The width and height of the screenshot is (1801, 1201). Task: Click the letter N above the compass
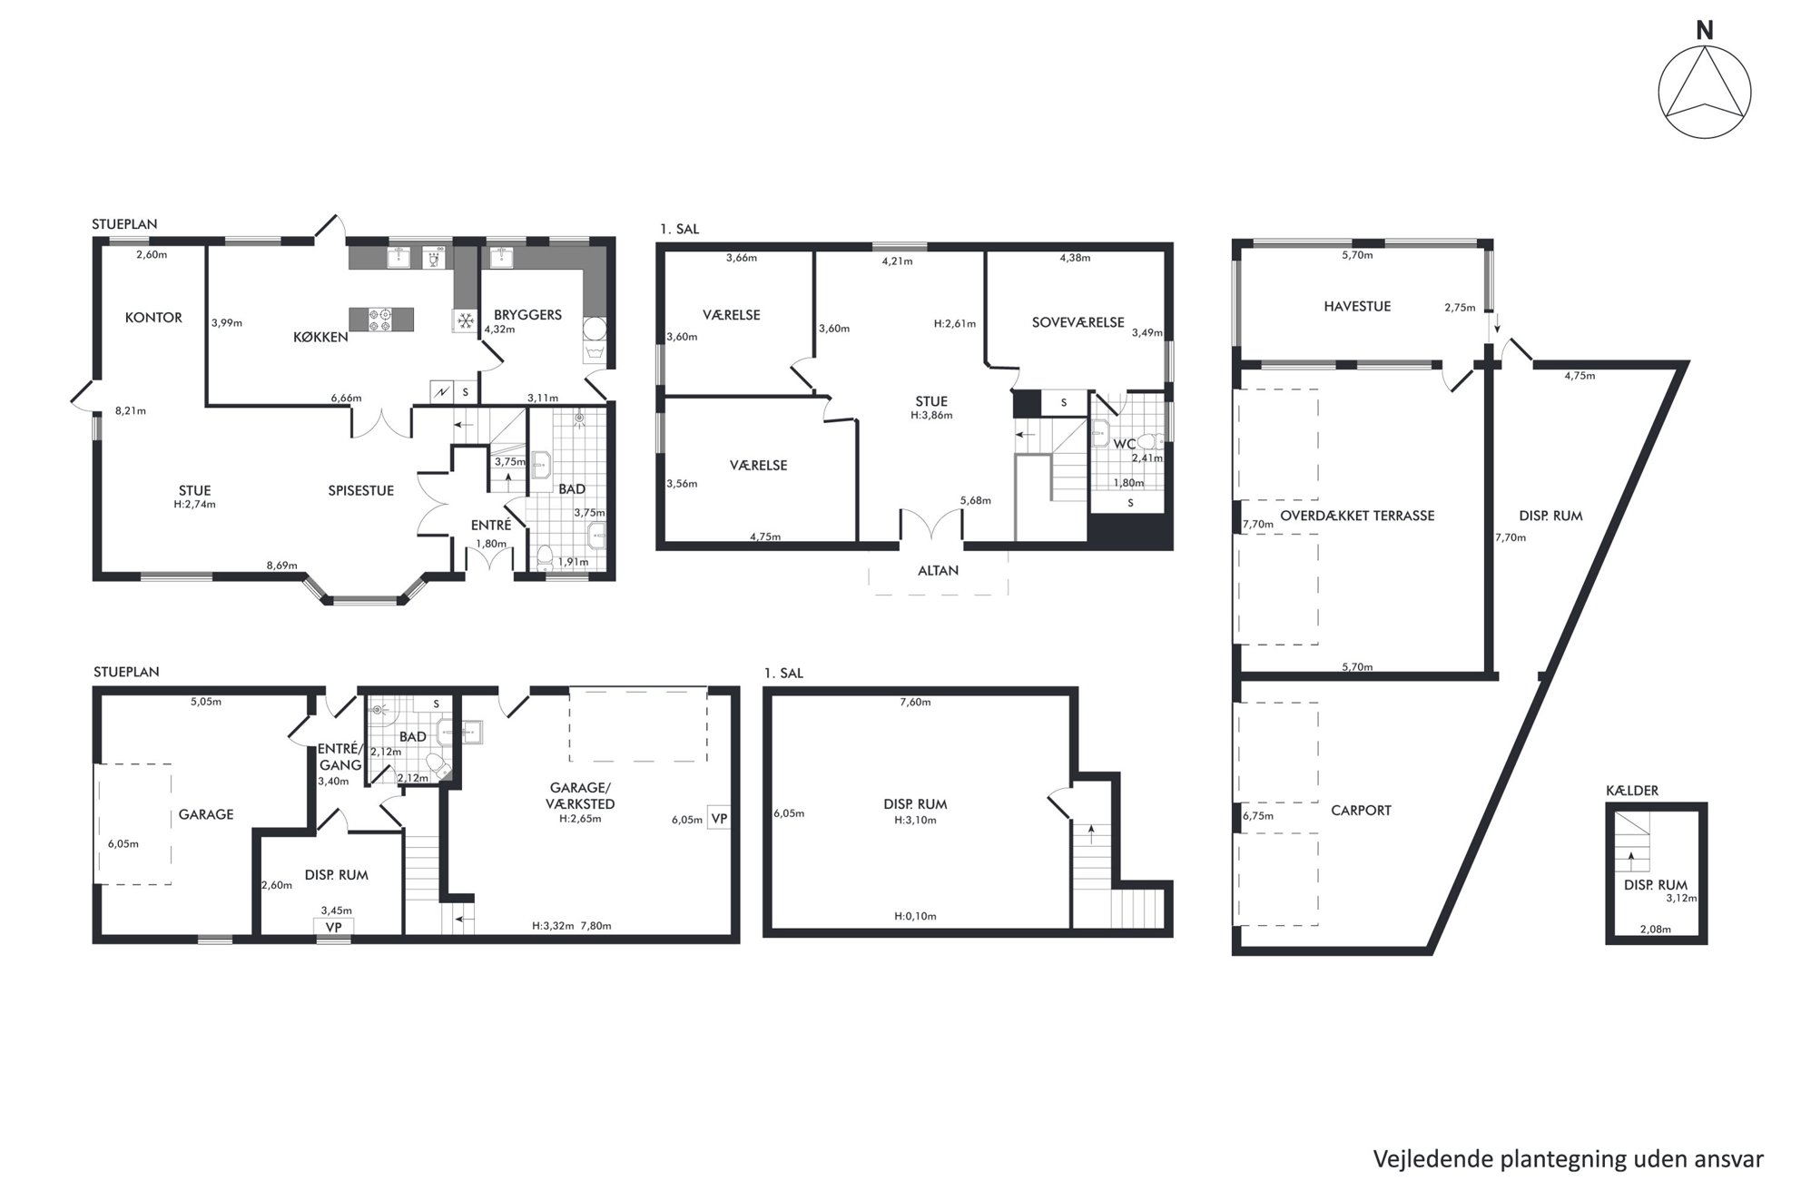(x=1705, y=31)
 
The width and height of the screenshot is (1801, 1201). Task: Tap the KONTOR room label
(x=153, y=318)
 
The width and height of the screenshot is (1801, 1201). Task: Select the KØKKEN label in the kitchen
(x=320, y=337)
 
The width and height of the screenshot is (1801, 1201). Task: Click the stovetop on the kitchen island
(x=379, y=319)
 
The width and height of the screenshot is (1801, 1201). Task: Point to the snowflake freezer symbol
(x=465, y=320)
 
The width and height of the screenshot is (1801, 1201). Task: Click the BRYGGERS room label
(x=527, y=315)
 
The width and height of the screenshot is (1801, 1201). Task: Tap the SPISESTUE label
(x=361, y=490)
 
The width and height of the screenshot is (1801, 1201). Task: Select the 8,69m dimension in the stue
(x=281, y=566)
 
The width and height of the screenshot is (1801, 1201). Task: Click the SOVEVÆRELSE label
(x=1078, y=322)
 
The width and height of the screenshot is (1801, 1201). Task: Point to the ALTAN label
(x=939, y=571)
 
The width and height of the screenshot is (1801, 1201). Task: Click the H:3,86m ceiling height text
(x=931, y=415)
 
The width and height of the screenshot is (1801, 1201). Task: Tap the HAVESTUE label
(x=1357, y=307)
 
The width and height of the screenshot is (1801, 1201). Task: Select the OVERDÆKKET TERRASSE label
(x=1357, y=516)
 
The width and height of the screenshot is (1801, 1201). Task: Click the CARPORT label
(x=1361, y=811)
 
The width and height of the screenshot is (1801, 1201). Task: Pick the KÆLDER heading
(x=1632, y=791)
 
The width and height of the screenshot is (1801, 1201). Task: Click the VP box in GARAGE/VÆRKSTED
(x=719, y=818)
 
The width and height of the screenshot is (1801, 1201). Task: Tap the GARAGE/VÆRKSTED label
(x=580, y=795)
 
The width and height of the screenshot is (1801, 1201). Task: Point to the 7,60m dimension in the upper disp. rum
(x=915, y=702)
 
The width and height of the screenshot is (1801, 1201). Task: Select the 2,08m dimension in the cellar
(x=1655, y=929)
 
